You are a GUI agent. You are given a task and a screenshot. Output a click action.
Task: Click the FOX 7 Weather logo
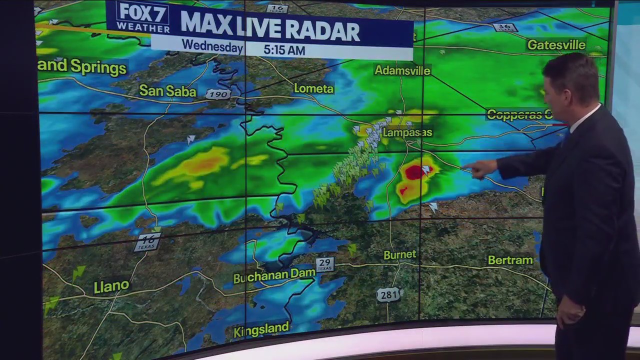coord(142,17)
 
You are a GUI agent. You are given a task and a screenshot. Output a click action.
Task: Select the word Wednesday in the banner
coord(212,46)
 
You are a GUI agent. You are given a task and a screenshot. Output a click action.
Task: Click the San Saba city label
coord(167,90)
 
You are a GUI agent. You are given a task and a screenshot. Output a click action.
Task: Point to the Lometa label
coord(313,88)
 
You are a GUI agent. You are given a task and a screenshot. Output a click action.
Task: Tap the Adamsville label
coord(402,70)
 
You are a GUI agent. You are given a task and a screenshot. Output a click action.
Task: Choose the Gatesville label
coord(556,45)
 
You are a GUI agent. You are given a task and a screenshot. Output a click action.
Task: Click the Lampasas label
coord(407,132)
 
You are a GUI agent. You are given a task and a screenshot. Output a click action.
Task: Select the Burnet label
coord(399,254)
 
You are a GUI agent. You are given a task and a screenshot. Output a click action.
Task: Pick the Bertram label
coord(510,260)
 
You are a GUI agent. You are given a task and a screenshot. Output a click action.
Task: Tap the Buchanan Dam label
coord(274,275)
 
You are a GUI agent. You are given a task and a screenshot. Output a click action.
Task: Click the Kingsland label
coord(261,329)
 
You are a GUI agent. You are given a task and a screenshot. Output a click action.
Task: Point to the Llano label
coord(111,286)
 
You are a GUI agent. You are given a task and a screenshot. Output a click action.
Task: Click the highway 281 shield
coord(388,295)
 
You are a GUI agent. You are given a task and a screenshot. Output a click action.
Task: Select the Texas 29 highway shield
coord(324,264)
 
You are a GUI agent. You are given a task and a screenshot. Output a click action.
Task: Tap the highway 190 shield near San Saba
coord(218,94)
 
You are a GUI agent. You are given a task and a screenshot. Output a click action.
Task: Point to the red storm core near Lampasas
coord(414,172)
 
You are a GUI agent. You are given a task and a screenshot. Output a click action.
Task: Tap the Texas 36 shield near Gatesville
coord(505,27)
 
